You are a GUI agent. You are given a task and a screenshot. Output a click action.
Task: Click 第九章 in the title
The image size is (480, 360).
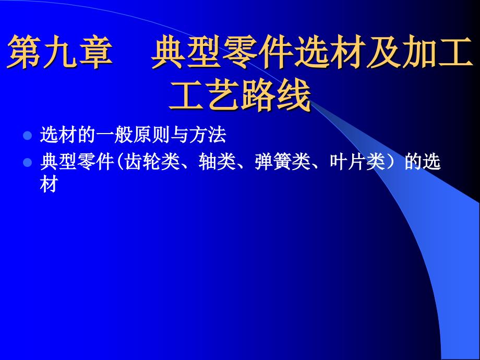coord(59,52)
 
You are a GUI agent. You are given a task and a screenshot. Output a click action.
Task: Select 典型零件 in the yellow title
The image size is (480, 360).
coord(222,52)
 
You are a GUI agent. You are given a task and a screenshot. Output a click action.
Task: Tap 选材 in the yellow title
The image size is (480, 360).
coord(330,52)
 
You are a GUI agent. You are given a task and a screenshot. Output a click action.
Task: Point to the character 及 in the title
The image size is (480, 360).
coord(383,52)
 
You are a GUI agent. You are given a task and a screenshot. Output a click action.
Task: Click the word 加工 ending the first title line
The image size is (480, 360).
coord(437,52)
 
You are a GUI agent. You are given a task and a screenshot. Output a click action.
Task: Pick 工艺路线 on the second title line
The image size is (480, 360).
coord(239,94)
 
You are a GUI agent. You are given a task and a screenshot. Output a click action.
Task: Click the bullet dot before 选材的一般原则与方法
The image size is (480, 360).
coord(28,135)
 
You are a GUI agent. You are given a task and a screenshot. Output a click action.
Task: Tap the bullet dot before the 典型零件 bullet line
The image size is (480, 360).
coord(28,162)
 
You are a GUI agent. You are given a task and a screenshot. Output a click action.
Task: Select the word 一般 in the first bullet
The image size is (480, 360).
coord(114,135)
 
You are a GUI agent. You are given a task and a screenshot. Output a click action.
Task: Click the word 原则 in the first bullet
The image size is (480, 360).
coord(151,135)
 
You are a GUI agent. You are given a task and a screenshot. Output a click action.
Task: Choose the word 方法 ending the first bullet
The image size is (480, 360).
coord(207,135)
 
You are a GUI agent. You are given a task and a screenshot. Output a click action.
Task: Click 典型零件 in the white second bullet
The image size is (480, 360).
coord(77,162)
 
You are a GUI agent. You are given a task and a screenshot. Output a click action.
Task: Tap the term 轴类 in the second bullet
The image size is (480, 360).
coord(217,162)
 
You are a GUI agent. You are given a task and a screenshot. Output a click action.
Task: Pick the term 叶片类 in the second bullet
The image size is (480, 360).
coord(357,162)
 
